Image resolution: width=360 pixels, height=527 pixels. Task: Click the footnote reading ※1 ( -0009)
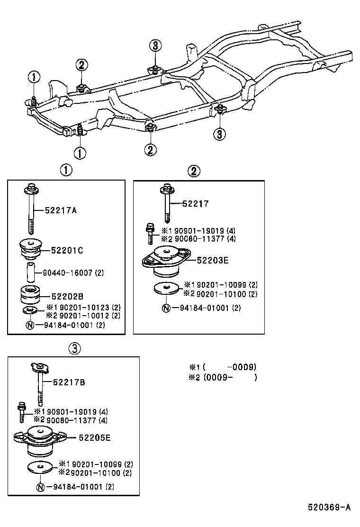(x=223, y=367)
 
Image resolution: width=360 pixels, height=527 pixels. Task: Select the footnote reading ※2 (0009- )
(x=223, y=378)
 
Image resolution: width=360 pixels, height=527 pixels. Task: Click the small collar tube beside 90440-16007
(x=31, y=273)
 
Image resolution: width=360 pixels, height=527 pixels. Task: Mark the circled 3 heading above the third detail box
(x=74, y=349)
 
